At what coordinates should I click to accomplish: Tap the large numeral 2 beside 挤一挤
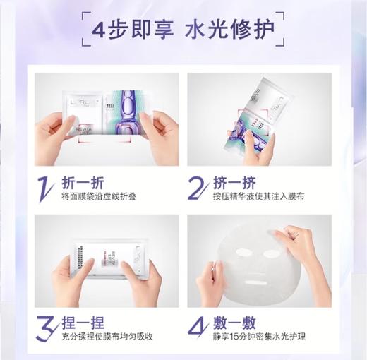click(x=198, y=186)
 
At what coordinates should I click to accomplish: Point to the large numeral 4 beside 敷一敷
click(x=198, y=328)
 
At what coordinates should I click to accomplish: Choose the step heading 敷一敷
click(x=234, y=323)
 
